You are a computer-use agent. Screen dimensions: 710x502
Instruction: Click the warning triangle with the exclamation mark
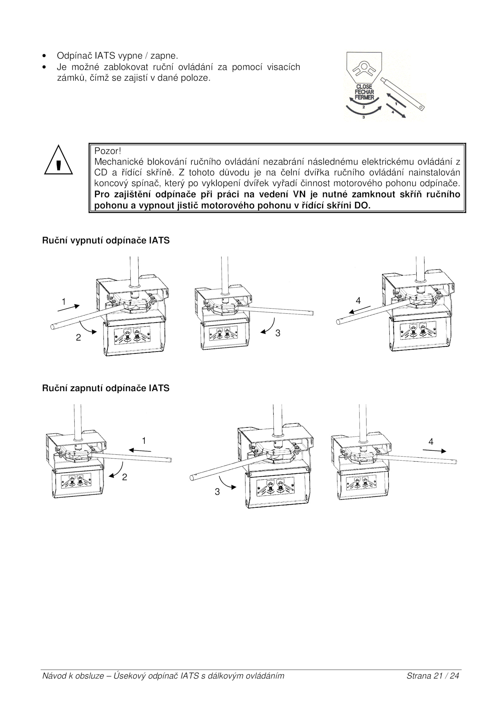[x=58, y=161]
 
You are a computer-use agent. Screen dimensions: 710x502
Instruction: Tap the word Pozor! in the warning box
[x=108, y=151]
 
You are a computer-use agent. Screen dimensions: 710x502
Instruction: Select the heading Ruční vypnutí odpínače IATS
[x=106, y=241]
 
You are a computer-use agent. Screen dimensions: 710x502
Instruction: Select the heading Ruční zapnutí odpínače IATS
[x=106, y=388]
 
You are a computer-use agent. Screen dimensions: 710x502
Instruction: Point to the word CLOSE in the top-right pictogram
[x=364, y=87]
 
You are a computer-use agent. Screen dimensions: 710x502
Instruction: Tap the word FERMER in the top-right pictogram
[x=364, y=97]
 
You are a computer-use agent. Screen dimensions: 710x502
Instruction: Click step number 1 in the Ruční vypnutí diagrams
[x=64, y=302]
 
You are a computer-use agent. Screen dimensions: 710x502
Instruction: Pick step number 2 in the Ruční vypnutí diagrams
[x=78, y=337]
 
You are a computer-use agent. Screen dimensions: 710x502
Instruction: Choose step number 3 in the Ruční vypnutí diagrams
[x=278, y=333]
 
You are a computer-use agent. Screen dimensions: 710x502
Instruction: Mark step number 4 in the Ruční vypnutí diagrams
[x=358, y=300]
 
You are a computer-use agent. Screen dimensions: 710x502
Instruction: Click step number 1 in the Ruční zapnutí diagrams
[x=144, y=441]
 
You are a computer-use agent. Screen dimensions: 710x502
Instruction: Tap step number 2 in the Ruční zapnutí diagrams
[x=125, y=477]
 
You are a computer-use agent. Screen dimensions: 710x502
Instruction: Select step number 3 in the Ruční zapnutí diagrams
[x=217, y=492]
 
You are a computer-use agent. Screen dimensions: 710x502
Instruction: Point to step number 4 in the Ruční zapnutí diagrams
[x=431, y=442]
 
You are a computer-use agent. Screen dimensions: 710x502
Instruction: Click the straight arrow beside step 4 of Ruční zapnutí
[x=434, y=451]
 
